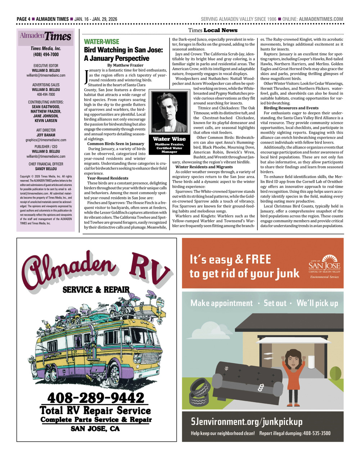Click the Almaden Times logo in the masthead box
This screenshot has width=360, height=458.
click(x=45, y=37)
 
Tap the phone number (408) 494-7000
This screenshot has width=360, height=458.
click(x=45, y=54)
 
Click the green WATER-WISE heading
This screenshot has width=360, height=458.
click(x=102, y=42)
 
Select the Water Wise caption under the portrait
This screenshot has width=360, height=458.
click(x=169, y=139)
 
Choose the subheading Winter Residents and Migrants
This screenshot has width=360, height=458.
click(x=204, y=167)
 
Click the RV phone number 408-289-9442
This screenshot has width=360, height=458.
click(x=96, y=398)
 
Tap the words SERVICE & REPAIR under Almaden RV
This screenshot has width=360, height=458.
click(x=96, y=290)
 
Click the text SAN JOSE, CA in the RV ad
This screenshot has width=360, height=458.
click(x=95, y=428)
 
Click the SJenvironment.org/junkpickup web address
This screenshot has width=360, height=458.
click(x=247, y=421)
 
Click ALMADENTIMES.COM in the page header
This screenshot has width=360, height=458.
click(x=321, y=19)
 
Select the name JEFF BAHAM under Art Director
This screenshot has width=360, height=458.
click(x=45, y=135)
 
